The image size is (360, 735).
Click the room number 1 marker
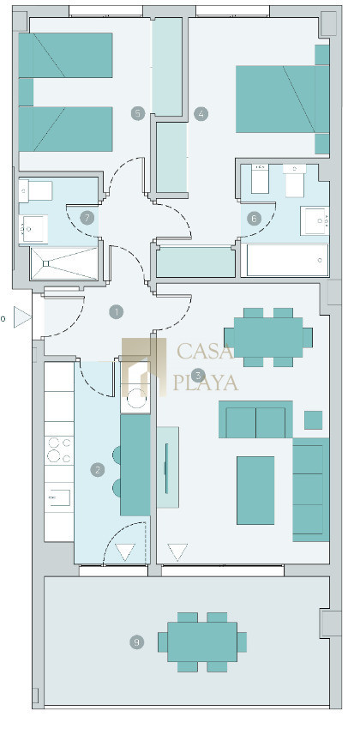116,311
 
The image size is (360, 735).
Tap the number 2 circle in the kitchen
98,470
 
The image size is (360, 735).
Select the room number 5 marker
138,113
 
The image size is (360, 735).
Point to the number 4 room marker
201,113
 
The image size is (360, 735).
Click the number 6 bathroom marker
254,219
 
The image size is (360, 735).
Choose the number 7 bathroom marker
87,218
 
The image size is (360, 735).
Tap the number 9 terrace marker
137,642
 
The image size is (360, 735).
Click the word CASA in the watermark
205,351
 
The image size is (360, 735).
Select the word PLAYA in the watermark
206,382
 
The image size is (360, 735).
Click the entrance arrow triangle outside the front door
21,317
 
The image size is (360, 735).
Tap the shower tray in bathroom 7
64,263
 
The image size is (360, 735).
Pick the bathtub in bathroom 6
288,260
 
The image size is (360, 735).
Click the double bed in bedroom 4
282,99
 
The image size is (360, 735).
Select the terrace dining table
202,642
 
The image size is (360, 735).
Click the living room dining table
268,337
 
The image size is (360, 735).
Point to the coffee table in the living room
255,491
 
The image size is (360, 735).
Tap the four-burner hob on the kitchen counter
59,450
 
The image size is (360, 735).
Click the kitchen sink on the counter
59,497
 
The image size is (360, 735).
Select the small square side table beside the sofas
313,420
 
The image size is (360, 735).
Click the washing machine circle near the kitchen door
136,399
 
